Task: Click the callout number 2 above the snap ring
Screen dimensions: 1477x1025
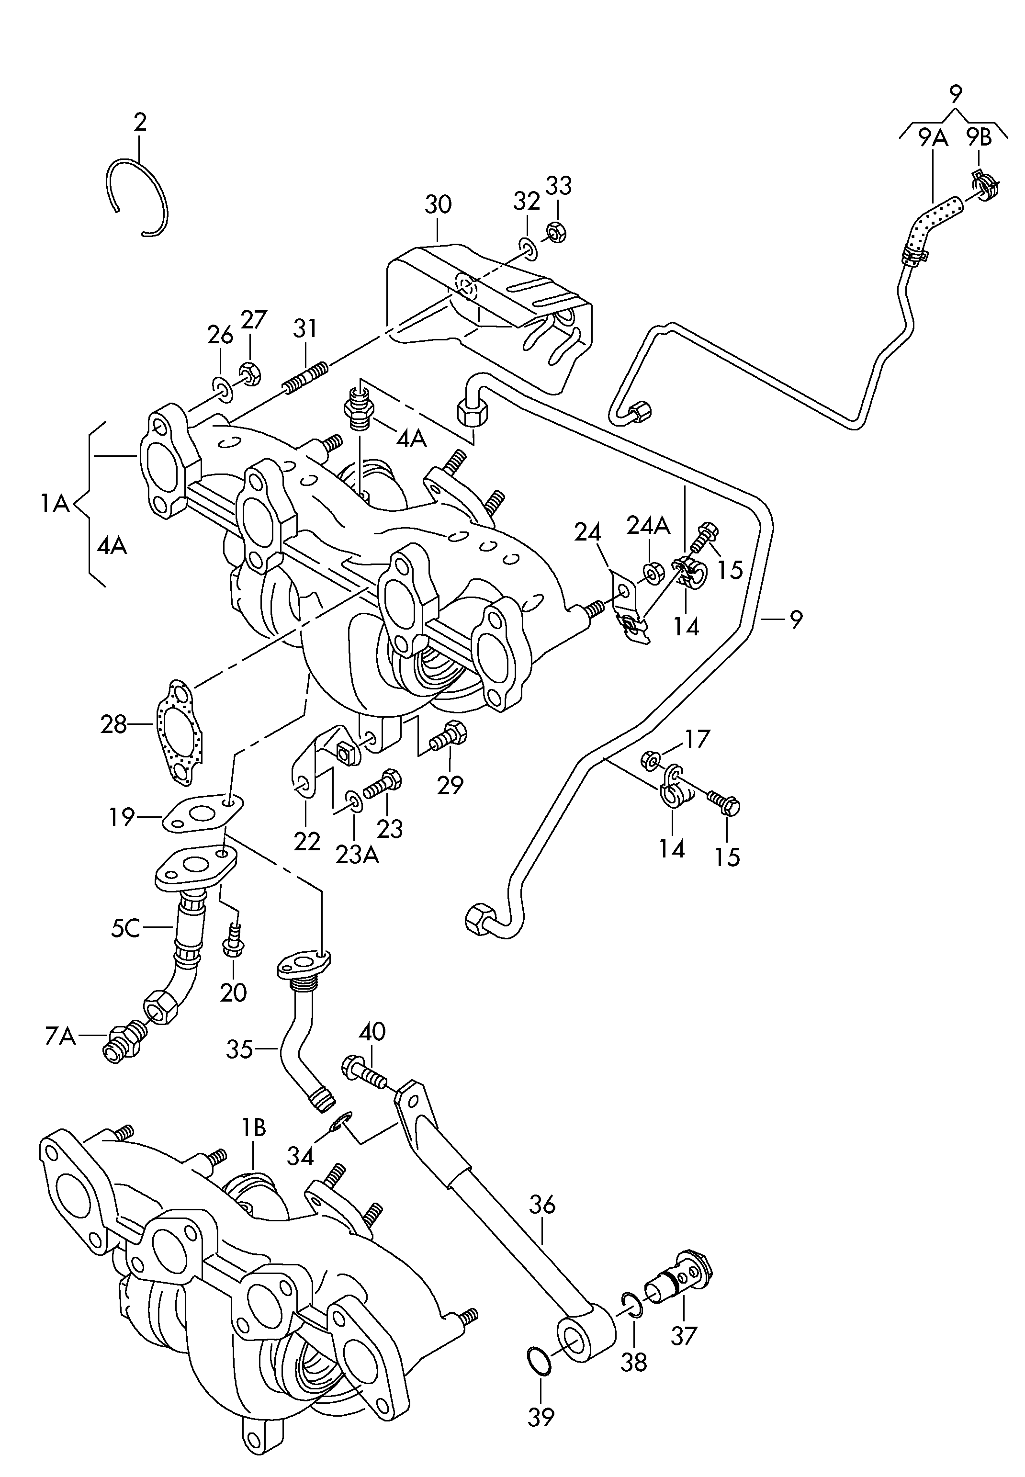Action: (140, 122)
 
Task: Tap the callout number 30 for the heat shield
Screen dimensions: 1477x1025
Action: (438, 205)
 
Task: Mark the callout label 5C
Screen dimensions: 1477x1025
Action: (125, 927)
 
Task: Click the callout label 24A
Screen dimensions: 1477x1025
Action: (648, 527)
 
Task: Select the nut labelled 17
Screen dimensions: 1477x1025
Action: (649, 762)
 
